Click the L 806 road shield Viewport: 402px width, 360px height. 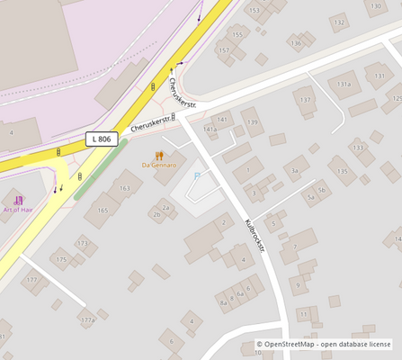click(x=103, y=139)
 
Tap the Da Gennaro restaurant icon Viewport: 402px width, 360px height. click(x=159, y=155)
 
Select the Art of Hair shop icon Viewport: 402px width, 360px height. click(x=18, y=199)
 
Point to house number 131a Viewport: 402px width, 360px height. click(x=344, y=84)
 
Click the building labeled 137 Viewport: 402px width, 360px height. click(x=306, y=100)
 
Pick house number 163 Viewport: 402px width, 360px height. click(x=124, y=188)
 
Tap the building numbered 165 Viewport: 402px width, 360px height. click(x=103, y=211)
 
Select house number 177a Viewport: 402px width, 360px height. click(x=86, y=319)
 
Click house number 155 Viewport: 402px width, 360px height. click(x=237, y=35)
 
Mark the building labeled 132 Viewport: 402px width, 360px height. click(x=339, y=22)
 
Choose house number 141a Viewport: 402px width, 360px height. click(x=210, y=130)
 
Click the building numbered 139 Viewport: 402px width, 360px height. click(x=252, y=122)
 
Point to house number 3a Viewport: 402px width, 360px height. click(x=294, y=170)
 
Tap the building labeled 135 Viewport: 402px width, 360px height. click(x=342, y=170)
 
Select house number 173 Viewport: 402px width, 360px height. click(x=83, y=243)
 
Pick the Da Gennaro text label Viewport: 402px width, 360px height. click(x=159, y=166)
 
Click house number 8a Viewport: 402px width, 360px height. click(x=223, y=302)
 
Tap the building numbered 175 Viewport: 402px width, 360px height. click(x=61, y=260)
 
